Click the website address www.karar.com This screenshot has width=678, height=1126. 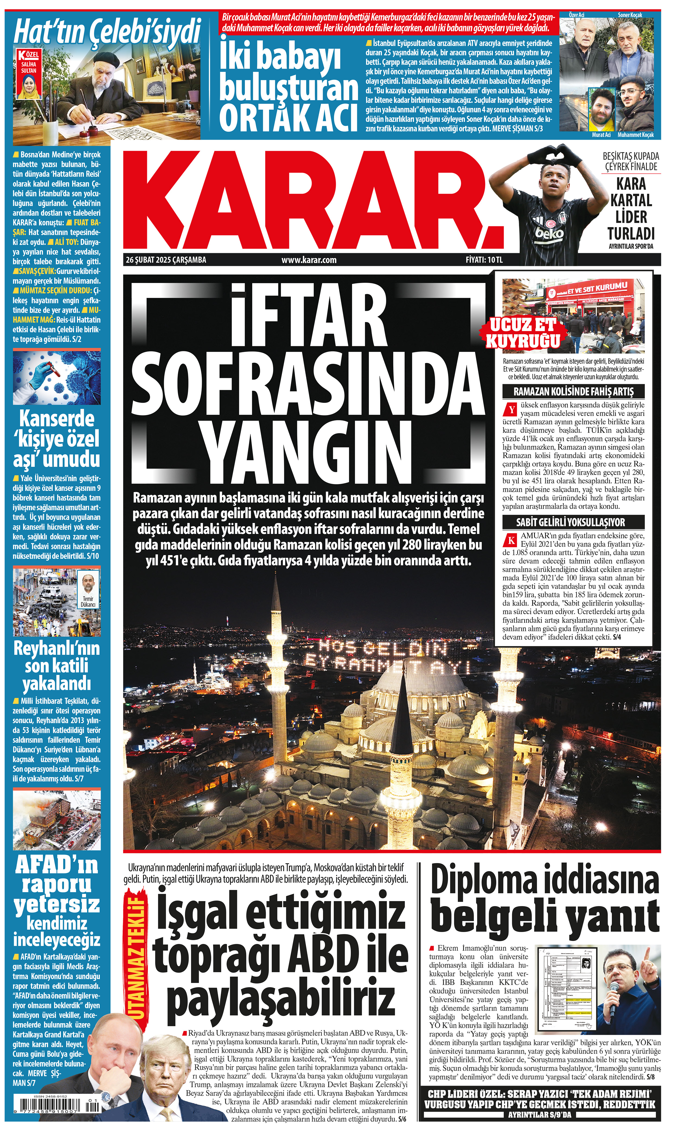click(309, 260)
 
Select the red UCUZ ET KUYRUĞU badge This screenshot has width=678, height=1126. click(523, 333)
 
